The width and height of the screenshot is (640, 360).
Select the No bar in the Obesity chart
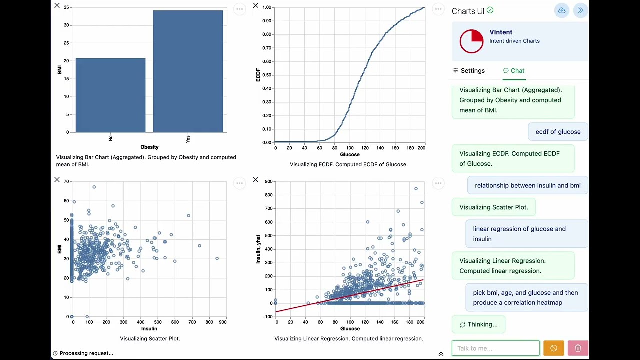(x=110, y=95)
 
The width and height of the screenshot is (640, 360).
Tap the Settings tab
(x=469, y=71)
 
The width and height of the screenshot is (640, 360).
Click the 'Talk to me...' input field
(x=495, y=348)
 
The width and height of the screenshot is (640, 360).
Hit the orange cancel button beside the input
(x=553, y=348)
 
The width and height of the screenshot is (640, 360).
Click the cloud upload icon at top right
(x=562, y=11)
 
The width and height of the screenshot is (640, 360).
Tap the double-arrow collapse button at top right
(x=580, y=11)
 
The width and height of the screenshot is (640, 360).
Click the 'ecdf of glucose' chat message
(x=558, y=132)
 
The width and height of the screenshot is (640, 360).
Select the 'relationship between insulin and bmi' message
(x=527, y=185)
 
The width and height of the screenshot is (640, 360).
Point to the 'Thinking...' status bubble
(x=478, y=325)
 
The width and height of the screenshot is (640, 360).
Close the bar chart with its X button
(x=57, y=6)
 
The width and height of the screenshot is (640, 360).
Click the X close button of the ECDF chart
(x=256, y=6)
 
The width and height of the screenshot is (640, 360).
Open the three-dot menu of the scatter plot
(x=239, y=183)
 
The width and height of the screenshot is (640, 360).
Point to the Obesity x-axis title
(x=149, y=147)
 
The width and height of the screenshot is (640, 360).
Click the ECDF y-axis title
(x=258, y=75)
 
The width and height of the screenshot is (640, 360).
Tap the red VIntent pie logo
(x=471, y=41)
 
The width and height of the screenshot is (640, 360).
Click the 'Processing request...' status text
(x=86, y=353)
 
